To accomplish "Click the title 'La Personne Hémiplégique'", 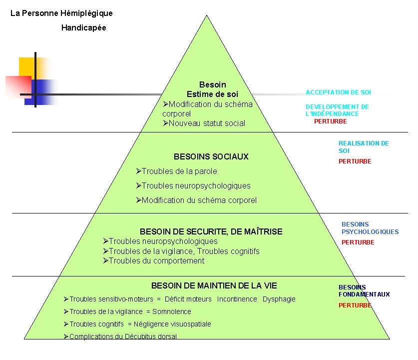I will pyautogui.click(x=61, y=13).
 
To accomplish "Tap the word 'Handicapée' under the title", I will pyautogui.click(x=84, y=28).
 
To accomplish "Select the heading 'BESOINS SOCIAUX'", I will pyautogui.click(x=211, y=156).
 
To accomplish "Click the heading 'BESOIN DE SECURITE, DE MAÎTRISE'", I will pyautogui.click(x=211, y=231).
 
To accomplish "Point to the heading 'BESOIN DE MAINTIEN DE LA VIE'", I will pyautogui.click(x=214, y=285).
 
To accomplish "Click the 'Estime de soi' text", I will pyautogui.click(x=212, y=94).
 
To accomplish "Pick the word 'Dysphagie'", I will pyautogui.click(x=279, y=299).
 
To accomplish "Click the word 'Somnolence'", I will pyautogui.click(x=172, y=311).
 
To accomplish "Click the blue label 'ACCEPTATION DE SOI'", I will pyautogui.click(x=338, y=92).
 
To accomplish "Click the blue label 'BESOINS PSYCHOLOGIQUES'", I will pyautogui.click(x=370, y=228).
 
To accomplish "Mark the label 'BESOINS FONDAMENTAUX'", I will pyautogui.click(x=364, y=291).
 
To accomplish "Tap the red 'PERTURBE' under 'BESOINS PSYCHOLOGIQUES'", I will pyautogui.click(x=358, y=242).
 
